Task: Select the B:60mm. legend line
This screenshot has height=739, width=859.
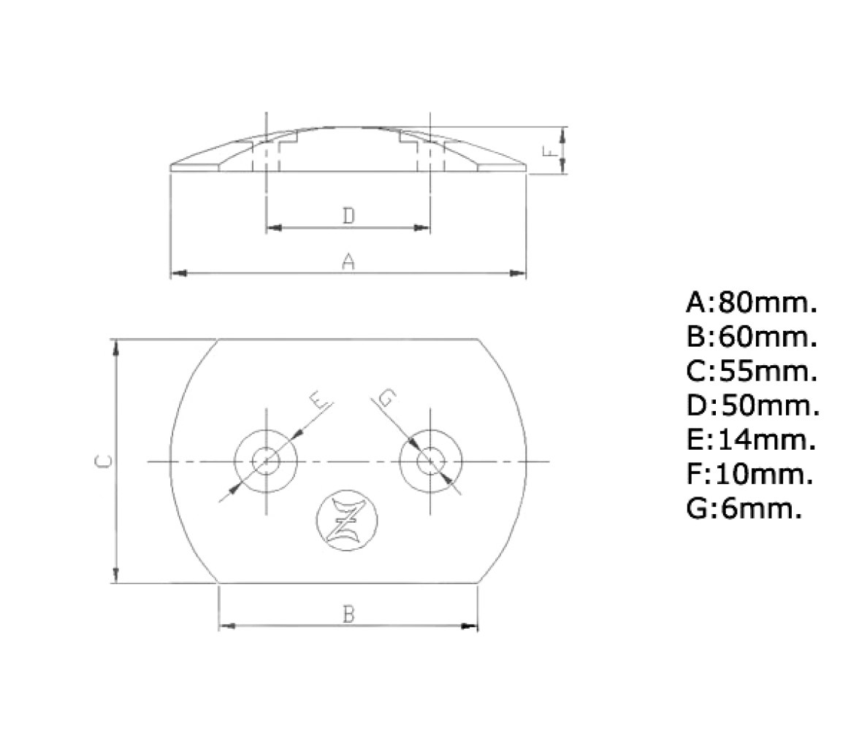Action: (752, 337)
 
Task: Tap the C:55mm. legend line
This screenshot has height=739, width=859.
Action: (752, 371)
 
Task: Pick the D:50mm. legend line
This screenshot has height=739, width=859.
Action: (752, 405)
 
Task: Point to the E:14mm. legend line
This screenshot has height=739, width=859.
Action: (751, 440)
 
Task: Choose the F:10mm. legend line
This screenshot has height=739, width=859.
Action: (749, 475)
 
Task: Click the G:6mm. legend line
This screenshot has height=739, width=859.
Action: (744, 509)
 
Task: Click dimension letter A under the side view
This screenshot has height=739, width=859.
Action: (348, 261)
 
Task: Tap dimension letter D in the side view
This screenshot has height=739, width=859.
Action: (348, 216)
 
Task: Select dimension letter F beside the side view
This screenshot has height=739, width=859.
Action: (550, 150)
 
